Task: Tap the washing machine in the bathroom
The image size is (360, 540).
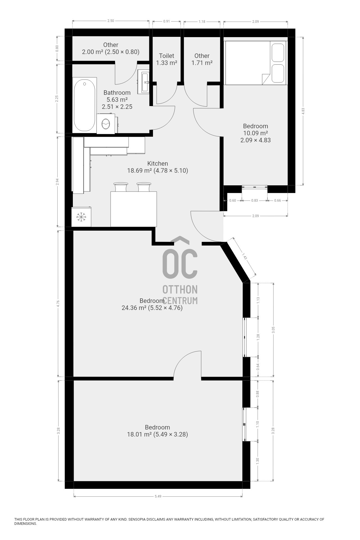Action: pos(106,124)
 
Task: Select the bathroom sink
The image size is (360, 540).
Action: pos(144,82)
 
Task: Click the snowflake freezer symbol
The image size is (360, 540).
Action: pos(81,217)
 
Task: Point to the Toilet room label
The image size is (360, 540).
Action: pos(166,56)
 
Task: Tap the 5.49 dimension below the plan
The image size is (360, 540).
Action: pos(158,496)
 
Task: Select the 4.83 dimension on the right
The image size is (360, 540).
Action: pos(303,111)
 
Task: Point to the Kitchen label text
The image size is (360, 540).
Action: pos(158,163)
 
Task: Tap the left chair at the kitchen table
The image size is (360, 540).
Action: pos(121,187)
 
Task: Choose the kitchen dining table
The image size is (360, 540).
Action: pos(134,209)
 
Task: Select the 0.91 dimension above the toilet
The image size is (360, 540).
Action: pos(166,21)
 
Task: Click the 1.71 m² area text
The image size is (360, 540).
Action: pos(202,63)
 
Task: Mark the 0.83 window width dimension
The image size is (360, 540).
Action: pos(255,201)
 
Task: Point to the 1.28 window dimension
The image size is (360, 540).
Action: pos(258,337)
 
